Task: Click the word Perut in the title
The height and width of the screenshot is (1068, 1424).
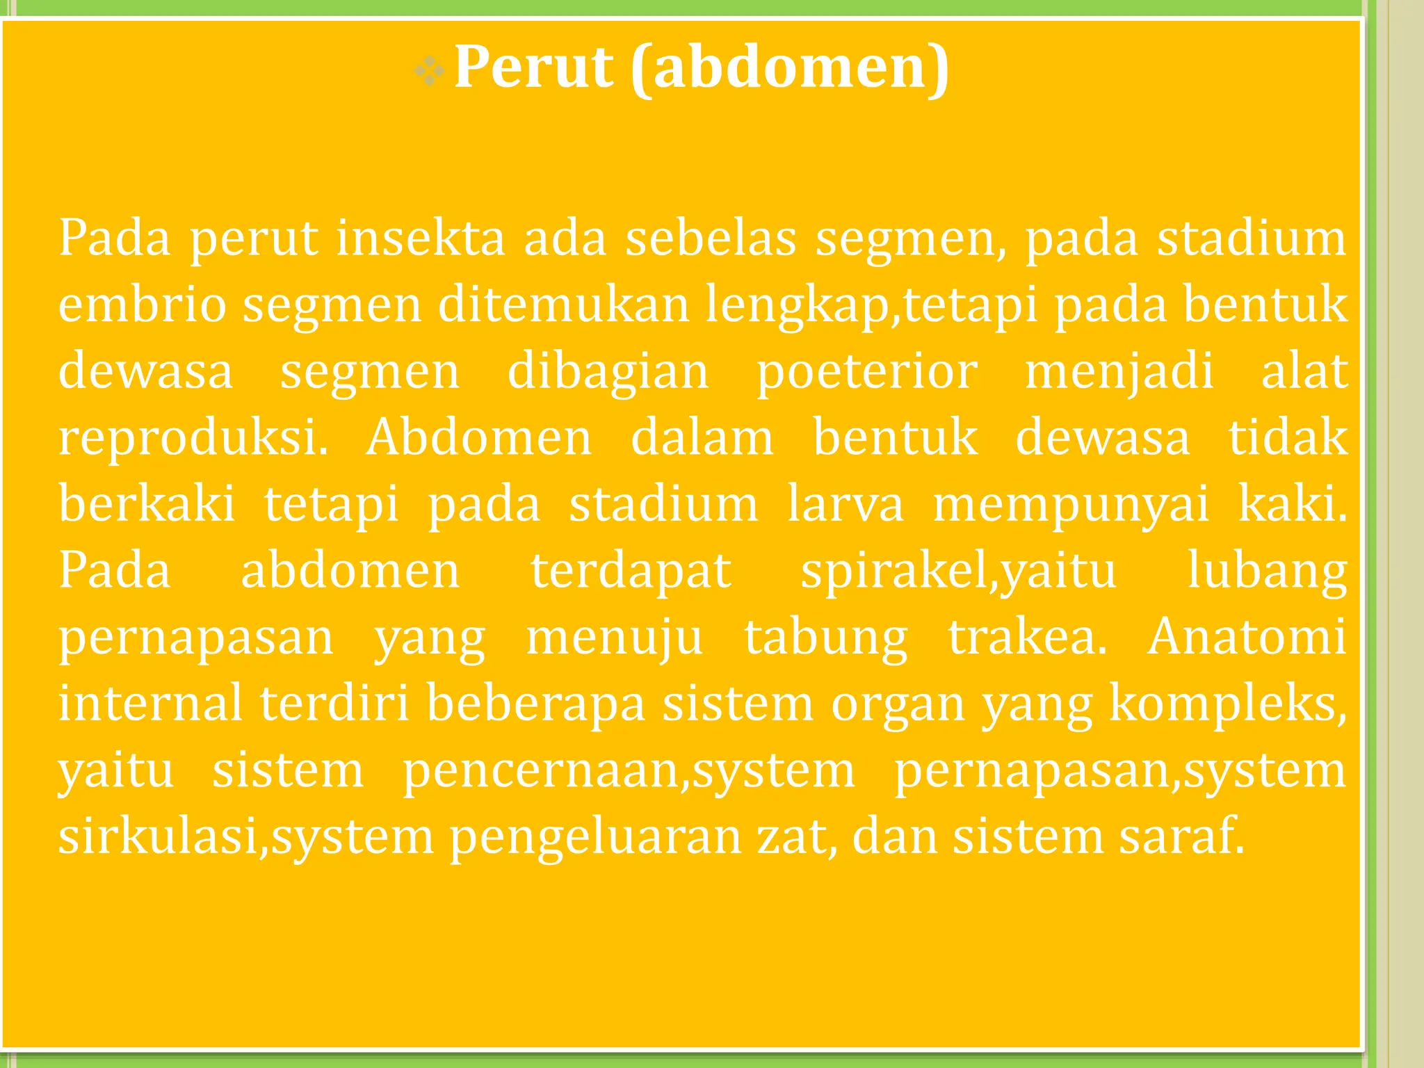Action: click(533, 67)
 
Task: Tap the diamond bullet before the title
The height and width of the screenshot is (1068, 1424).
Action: click(428, 72)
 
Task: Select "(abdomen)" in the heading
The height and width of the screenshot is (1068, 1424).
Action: click(790, 67)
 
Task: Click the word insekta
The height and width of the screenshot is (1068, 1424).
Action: click(421, 238)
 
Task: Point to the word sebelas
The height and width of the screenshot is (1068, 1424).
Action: click(711, 238)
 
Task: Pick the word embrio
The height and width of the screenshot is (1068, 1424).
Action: click(142, 305)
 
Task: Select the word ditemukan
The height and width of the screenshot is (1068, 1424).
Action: click(563, 305)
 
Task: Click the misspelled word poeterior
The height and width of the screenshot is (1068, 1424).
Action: click(867, 371)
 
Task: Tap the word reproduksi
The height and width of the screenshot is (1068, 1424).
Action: click(193, 438)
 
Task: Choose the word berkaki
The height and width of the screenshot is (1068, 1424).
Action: click(147, 504)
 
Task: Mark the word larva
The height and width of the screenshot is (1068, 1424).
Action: click(845, 504)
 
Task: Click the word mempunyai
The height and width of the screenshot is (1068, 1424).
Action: click(1071, 504)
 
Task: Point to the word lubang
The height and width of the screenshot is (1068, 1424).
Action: click(1267, 571)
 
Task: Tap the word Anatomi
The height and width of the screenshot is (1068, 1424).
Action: click(1247, 636)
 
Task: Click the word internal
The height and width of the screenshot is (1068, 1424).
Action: click(150, 703)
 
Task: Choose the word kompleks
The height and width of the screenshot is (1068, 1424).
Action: click(1227, 703)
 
